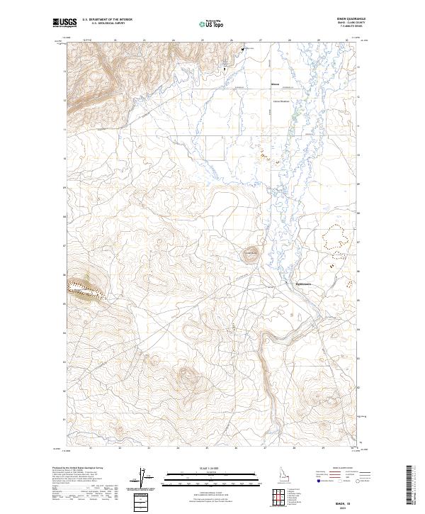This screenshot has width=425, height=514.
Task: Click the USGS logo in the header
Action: click(65, 23)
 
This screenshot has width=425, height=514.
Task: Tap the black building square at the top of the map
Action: click(244, 49)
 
